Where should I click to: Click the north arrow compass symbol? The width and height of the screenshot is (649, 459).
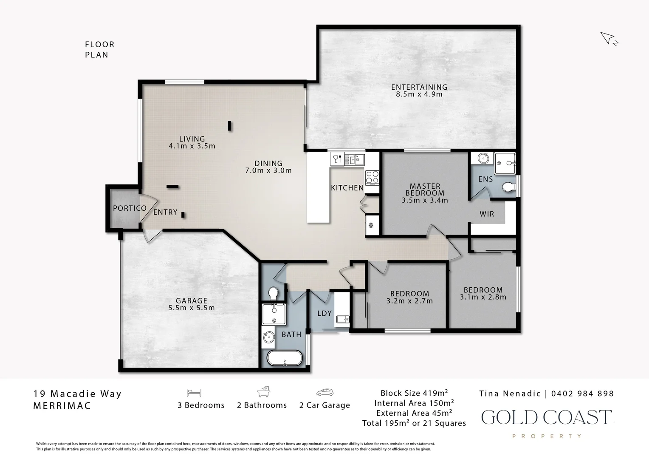(x=608, y=39)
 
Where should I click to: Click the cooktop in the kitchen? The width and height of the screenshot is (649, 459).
(x=372, y=178)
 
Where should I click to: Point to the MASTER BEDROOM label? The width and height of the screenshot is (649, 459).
(x=425, y=190)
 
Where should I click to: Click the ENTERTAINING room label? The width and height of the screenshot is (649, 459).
(x=419, y=87)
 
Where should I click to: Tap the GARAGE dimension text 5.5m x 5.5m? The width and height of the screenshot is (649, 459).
(x=192, y=308)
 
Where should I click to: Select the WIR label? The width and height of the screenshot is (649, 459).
(x=487, y=214)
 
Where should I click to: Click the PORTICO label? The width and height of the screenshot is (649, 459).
(x=130, y=208)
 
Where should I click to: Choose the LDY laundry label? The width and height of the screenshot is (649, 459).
(x=324, y=313)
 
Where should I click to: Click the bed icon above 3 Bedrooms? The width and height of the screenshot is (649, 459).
(x=194, y=393)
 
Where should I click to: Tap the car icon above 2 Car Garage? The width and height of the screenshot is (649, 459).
(x=325, y=392)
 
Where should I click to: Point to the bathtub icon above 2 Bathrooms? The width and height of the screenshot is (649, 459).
(x=263, y=391)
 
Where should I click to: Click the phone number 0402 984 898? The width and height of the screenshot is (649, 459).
(x=582, y=394)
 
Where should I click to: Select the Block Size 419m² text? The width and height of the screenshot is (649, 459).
(x=414, y=393)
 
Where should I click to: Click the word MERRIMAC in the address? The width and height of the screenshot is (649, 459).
(x=62, y=405)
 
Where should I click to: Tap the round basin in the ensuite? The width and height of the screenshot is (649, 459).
(x=483, y=159)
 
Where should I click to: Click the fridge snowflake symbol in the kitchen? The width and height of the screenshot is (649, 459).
(x=370, y=225)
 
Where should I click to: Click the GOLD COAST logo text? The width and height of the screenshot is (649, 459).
(x=547, y=417)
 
